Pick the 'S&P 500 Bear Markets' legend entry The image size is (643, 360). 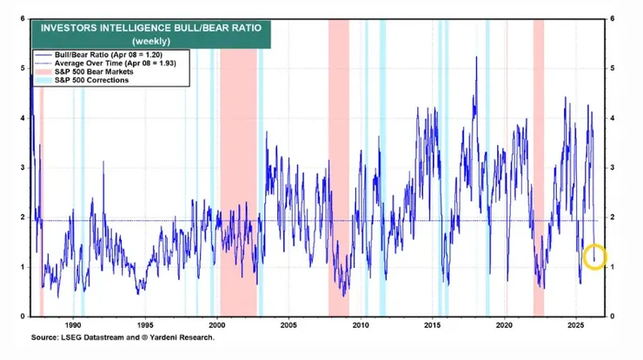click(86, 72)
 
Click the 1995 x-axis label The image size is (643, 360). click(145, 323)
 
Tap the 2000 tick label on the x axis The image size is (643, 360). click(217, 323)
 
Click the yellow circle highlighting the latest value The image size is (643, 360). click(594, 257)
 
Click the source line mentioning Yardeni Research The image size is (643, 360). click(123, 337)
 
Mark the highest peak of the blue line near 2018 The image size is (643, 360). click(476, 57)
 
